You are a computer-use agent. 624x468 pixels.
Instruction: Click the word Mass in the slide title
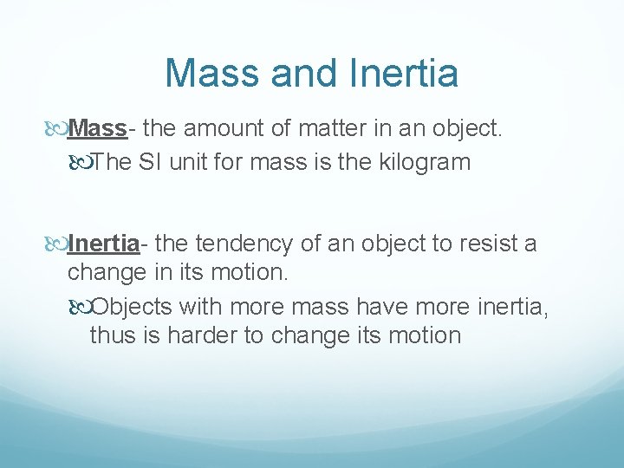coord(213,73)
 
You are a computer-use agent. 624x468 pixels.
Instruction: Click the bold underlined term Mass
coord(98,129)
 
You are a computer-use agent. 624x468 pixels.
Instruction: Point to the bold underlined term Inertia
coord(103,244)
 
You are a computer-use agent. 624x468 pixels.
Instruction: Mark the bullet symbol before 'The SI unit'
coord(80,163)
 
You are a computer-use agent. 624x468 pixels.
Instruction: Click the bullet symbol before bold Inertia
coord(57,244)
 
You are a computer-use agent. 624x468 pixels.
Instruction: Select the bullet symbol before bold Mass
coord(57,130)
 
